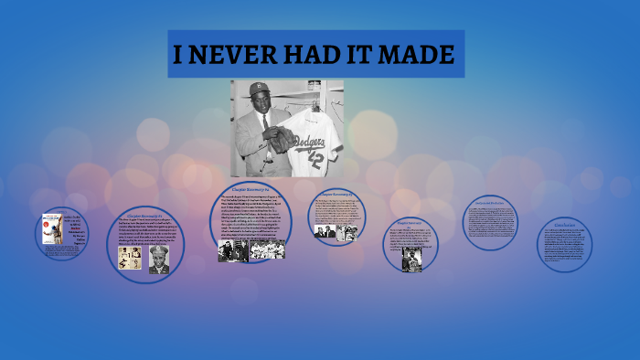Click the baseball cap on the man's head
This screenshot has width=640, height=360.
tap(260, 88)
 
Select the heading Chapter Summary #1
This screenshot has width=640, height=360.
tap(144, 216)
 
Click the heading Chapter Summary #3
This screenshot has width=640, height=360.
tap(337, 194)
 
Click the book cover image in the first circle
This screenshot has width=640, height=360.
tap(51, 228)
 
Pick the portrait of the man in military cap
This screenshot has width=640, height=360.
tap(158, 259)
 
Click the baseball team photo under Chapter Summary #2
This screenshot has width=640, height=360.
tap(268, 249)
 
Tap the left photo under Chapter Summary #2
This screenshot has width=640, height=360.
tap(232, 250)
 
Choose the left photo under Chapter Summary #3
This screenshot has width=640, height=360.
tap(325, 232)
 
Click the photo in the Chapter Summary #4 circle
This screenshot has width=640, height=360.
tap(411, 259)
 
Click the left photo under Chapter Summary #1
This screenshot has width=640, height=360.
tap(129, 258)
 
